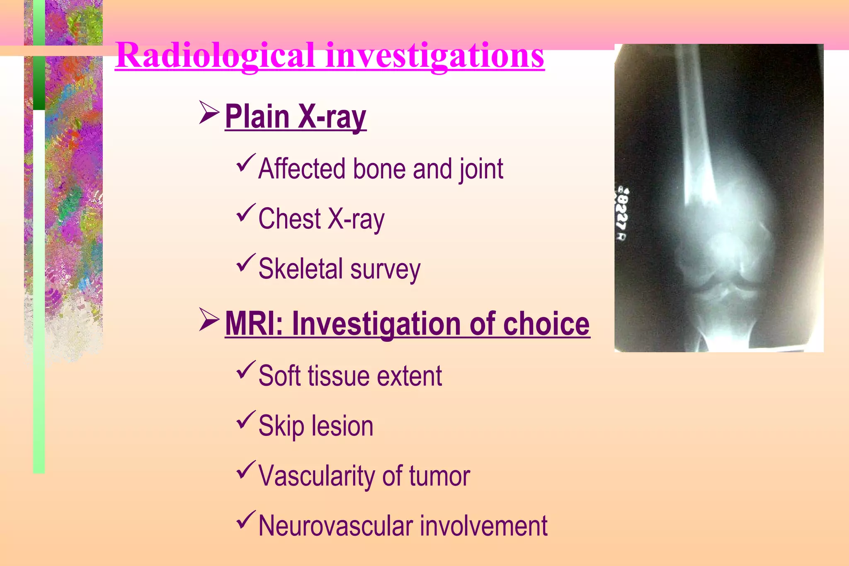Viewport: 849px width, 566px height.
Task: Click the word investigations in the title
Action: [x=435, y=56]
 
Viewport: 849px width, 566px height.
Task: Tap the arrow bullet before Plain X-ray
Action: [x=209, y=112]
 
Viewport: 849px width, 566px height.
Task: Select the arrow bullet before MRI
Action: [x=209, y=319]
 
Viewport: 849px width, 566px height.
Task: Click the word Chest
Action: [x=289, y=219]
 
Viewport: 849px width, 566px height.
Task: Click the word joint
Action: [x=481, y=169]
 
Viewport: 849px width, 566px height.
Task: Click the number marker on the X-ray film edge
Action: [x=622, y=214]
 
